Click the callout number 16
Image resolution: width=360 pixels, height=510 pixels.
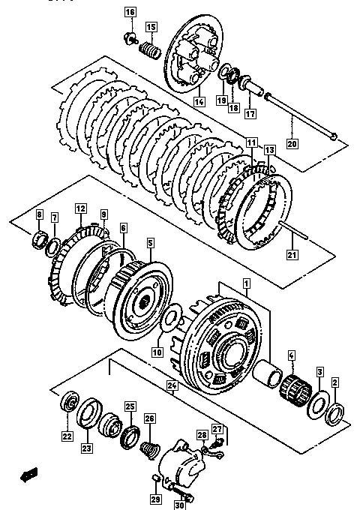tap(130, 12)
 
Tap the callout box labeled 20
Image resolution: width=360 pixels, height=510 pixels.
tap(292, 143)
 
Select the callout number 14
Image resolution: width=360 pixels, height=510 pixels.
tap(199, 101)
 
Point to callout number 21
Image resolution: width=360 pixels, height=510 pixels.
tap(292, 254)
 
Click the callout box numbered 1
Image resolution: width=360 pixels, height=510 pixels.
tap(247, 283)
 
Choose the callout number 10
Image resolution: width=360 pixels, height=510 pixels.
tap(157, 352)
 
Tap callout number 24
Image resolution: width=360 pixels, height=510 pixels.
tap(172, 386)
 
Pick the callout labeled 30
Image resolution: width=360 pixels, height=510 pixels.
tap(179, 505)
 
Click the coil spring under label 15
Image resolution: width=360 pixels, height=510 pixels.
tap(150, 50)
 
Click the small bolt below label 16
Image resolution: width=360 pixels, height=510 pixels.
tap(131, 39)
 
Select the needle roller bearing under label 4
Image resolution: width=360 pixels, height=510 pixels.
tap(295, 391)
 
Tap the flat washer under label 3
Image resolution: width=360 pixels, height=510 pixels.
tap(318, 404)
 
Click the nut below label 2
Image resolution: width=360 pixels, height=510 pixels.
tap(335, 414)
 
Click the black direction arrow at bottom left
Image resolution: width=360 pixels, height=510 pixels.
tap(29, 475)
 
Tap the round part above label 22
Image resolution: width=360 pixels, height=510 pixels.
tap(70, 402)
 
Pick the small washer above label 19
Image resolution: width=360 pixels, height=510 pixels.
tap(224, 72)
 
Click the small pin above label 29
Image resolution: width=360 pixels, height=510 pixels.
tap(155, 478)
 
